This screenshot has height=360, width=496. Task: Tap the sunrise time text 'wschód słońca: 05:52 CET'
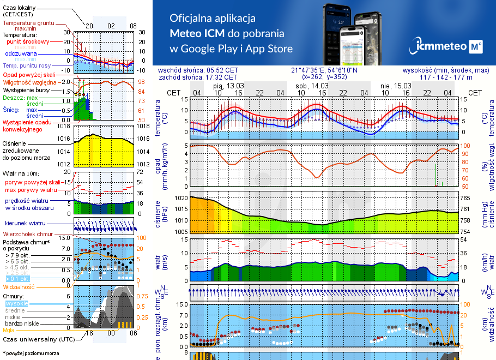point(198,70)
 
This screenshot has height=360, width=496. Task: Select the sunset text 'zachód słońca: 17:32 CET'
point(198,77)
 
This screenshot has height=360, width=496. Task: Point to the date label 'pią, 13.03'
point(228,86)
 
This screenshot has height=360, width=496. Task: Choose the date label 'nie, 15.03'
point(395,86)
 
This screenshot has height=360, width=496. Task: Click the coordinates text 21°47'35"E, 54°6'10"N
point(324,70)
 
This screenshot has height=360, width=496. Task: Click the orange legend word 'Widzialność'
point(19,286)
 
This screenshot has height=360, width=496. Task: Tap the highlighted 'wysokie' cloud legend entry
point(16,303)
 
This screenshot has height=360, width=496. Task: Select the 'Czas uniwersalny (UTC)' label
point(38,339)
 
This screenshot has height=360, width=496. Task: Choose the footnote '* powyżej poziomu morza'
point(31,353)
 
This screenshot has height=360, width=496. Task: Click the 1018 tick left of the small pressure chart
point(64,127)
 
